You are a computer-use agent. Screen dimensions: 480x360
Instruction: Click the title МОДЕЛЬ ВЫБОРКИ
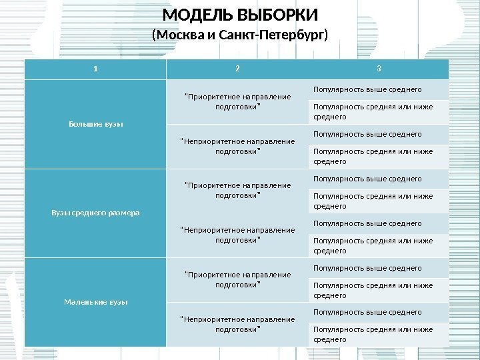[241, 15]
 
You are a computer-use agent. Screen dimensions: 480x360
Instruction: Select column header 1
[95, 68]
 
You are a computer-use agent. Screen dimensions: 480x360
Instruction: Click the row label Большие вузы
[95, 123]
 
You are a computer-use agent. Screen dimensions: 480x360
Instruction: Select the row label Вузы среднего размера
[95, 213]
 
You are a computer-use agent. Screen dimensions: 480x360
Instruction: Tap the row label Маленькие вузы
[95, 302]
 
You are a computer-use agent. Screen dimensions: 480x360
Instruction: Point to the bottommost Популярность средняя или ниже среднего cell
[373, 334]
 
